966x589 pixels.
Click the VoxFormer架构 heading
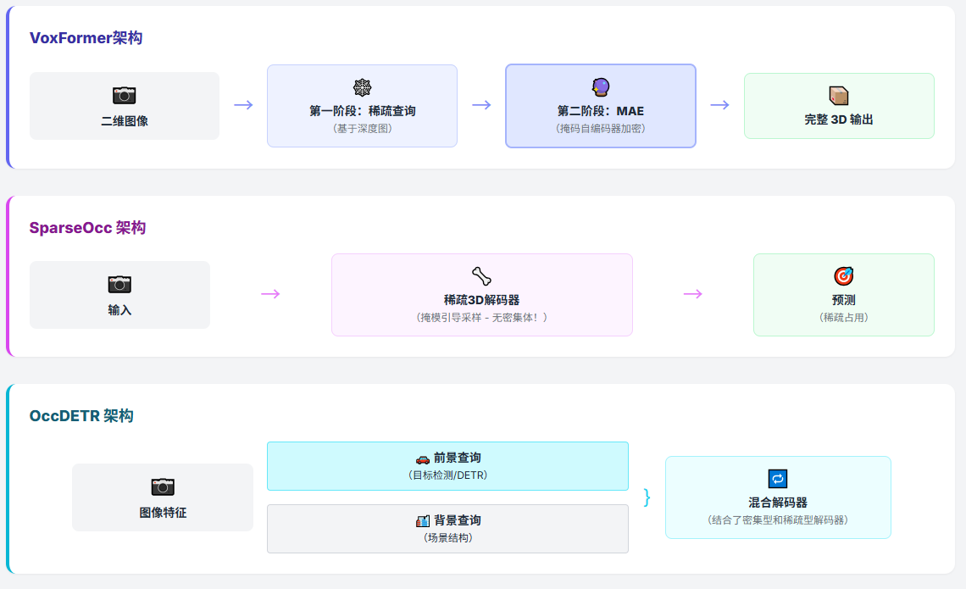86,38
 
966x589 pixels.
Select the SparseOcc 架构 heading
87,228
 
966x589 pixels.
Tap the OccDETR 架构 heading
81,416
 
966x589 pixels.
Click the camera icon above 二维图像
125,96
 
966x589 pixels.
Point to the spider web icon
362,87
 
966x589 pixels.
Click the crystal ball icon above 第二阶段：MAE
600,87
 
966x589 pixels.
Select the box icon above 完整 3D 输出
839,95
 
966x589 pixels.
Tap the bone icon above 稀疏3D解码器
481,275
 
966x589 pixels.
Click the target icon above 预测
843,275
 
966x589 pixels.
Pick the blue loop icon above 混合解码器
777,479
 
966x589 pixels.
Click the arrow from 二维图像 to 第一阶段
243,105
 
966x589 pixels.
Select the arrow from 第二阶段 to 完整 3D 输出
719,105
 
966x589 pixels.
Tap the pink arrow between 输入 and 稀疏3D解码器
270,294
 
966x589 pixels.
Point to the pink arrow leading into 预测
693,294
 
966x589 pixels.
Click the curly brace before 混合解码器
647,497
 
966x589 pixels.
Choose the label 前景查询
457,458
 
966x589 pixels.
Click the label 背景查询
457,520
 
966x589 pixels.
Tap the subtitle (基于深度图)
362,128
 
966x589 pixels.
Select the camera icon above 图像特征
163,486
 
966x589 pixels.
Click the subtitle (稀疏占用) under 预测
843,317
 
